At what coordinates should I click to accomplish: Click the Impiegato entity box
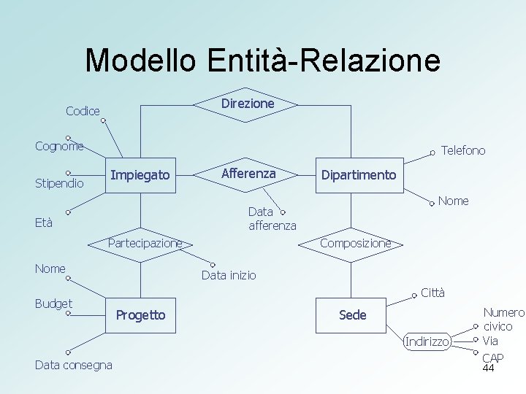[x=140, y=175]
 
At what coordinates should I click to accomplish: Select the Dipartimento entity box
[x=358, y=175]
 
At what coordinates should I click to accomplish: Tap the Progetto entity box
[x=141, y=315]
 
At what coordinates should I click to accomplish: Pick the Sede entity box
[x=353, y=315]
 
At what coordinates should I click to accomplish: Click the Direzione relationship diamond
[x=247, y=104]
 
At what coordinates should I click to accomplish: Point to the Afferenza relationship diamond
[x=248, y=174]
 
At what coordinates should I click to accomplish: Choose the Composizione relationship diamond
[x=356, y=243]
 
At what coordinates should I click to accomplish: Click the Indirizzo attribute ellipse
[x=428, y=341]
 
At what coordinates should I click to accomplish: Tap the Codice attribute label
[x=83, y=111]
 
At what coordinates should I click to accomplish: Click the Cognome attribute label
[x=59, y=146]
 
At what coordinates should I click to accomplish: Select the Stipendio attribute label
[x=59, y=182]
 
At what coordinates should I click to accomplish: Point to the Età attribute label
[x=44, y=223]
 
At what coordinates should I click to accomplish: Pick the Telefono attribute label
[x=463, y=150]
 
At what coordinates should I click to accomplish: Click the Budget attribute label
[x=53, y=304]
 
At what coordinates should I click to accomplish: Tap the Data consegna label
[x=74, y=365]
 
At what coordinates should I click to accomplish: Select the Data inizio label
[x=229, y=275]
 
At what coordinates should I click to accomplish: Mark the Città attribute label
[x=432, y=293]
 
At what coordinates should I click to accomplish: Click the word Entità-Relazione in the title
[x=324, y=60]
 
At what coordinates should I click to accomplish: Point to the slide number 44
[x=489, y=368]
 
